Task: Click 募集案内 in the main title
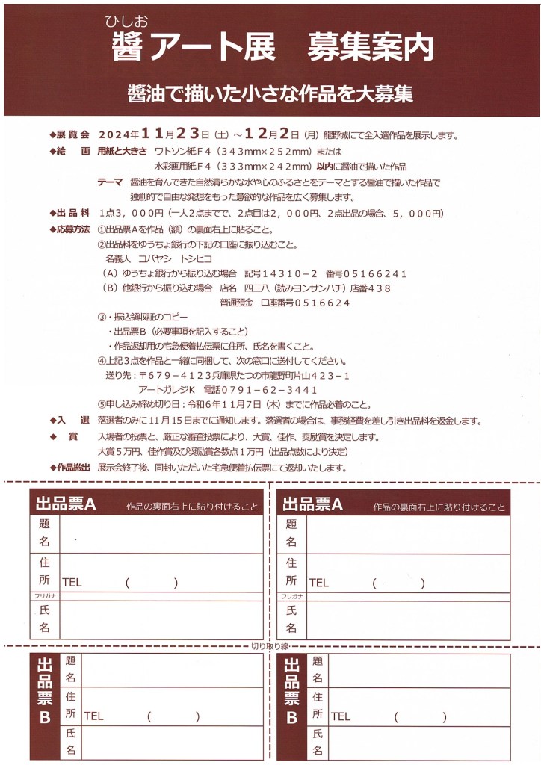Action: point(369,49)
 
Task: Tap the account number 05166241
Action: point(377,273)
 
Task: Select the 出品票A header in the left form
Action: point(66,504)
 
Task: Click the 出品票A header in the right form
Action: point(312,504)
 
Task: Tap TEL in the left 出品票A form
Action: point(72,583)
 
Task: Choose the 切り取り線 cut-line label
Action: point(270,645)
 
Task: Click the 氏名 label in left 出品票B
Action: point(71,742)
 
